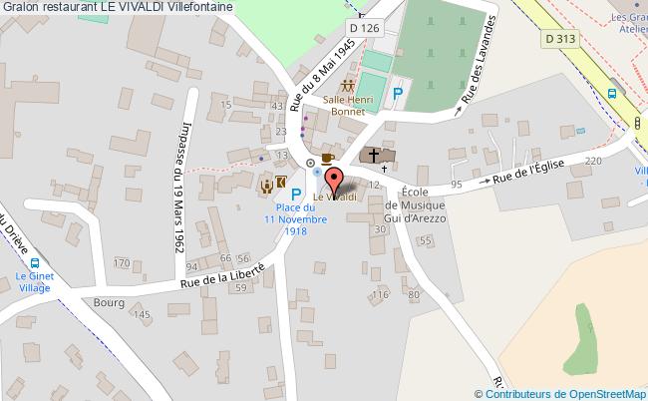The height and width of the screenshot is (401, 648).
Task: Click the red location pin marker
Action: click(x=335, y=181)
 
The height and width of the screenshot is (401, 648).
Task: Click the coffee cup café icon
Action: click(x=328, y=157)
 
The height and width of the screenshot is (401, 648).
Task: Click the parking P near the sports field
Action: click(x=398, y=93)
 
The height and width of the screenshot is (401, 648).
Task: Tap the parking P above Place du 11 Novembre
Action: click(x=296, y=189)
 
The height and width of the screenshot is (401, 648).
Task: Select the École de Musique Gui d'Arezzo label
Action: click(x=417, y=203)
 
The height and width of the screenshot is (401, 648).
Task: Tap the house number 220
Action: click(x=595, y=161)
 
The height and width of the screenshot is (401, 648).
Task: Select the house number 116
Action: click(x=379, y=295)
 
